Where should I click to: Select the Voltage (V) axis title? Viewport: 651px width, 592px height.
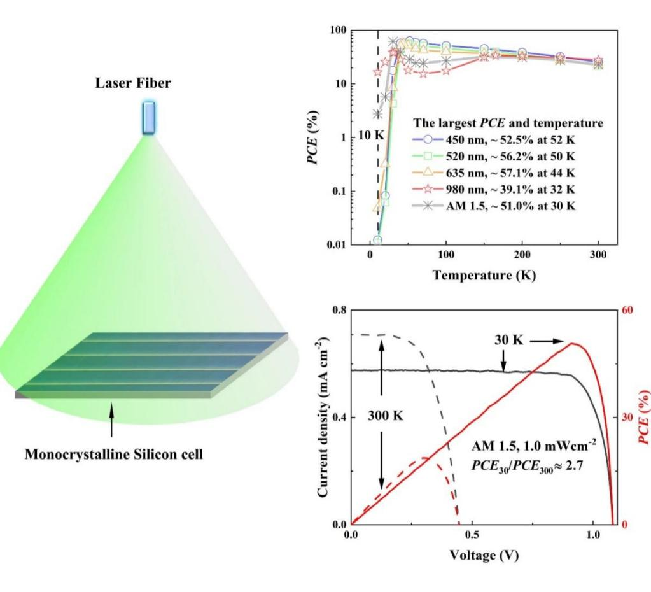(x=484, y=554)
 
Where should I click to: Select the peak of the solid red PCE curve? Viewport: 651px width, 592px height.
(x=573, y=344)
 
